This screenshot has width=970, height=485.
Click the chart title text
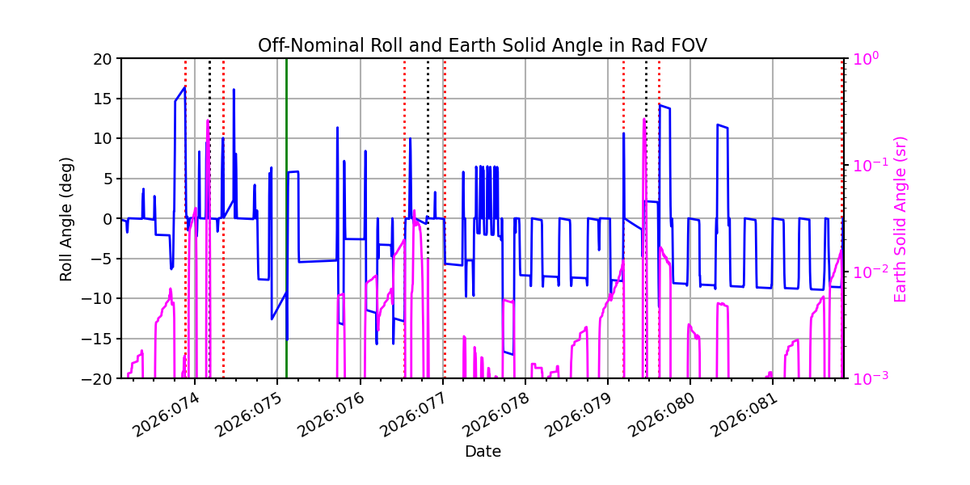(483, 45)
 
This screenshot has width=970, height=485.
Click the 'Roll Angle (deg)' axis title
(66, 218)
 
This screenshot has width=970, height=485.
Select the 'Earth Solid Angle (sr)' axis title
(900, 219)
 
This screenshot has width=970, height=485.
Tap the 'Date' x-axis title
(483, 451)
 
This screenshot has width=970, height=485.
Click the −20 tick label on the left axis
(102, 378)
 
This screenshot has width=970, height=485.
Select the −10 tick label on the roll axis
(102, 298)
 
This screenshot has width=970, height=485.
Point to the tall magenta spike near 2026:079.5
(644, 129)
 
